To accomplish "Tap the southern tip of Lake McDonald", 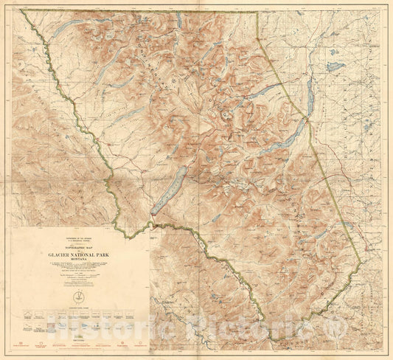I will (x=153, y=212).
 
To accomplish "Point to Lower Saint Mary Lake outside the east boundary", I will (x=309, y=111).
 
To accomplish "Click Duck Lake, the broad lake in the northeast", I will (x=336, y=66).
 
